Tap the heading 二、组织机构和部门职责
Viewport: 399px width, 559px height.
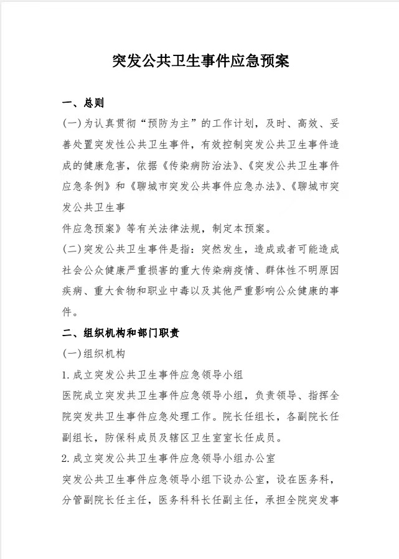pyautogui.click(x=121, y=333)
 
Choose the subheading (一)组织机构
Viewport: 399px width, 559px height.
pyautogui.click(x=94, y=354)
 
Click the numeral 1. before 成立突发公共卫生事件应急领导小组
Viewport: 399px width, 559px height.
pyautogui.click(x=67, y=375)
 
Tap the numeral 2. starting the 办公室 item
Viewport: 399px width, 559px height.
pyautogui.click(x=67, y=458)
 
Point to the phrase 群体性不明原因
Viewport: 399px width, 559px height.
pyautogui.click(x=296, y=270)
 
